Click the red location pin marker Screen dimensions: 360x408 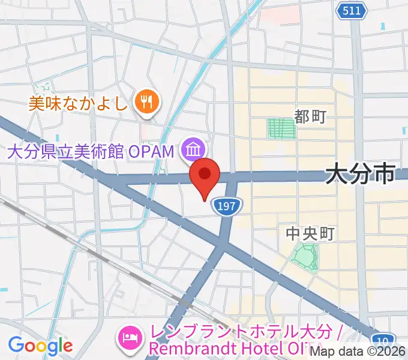[205, 175]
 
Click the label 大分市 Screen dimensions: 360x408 [361, 175]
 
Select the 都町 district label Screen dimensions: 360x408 [310, 116]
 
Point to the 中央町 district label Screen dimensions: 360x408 [309, 233]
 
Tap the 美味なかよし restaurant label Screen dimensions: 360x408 [78, 103]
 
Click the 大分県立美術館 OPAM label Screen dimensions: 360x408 [90, 151]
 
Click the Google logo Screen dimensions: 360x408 [40, 346]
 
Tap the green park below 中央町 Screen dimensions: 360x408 [304, 256]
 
